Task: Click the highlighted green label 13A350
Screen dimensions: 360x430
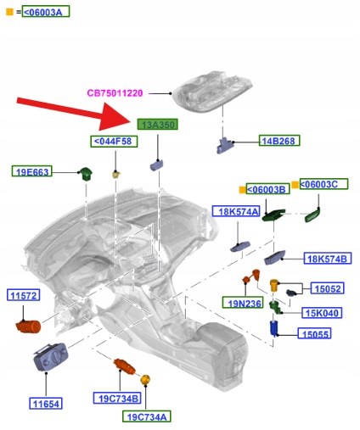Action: pos(157,125)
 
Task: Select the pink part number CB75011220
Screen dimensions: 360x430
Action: pos(115,93)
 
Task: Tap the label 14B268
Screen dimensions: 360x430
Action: pos(279,141)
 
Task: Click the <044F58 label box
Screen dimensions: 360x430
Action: pos(114,142)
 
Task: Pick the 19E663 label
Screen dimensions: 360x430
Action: pos(32,171)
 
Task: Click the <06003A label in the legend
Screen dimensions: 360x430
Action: pos(46,12)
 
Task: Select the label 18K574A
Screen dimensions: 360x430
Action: pos(236,211)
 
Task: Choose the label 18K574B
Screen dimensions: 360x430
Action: pos(328,259)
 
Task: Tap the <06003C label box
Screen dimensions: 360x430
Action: pos(323,184)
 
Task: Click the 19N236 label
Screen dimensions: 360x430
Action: pos(243,303)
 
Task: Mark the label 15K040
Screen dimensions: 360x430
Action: pos(322,313)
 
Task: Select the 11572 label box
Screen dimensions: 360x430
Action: pos(23,295)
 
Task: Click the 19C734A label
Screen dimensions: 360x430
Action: pos(147,416)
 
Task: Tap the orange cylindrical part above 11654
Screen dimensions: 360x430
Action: pos(28,327)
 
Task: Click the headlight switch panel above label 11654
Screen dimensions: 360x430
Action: pos(51,357)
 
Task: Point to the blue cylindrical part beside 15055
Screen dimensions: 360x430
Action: pos(274,328)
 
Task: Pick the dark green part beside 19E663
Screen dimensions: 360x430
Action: pos(86,173)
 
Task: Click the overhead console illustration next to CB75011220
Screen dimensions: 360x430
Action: pos(212,90)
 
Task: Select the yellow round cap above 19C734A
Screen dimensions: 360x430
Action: pos(145,379)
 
